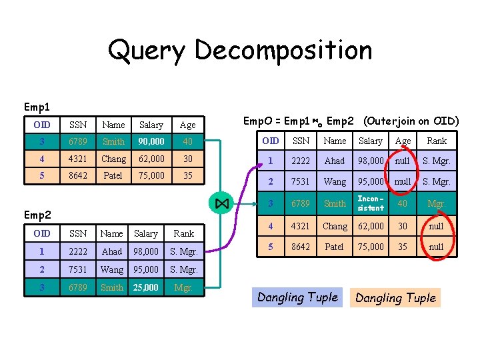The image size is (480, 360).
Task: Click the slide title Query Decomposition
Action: pos(240,50)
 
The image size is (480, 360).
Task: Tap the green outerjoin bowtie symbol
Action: pos(222,203)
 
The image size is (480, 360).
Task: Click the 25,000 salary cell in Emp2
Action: pos(146,288)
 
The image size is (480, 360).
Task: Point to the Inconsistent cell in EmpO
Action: pos(371,203)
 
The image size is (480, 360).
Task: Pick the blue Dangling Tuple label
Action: pos(297,297)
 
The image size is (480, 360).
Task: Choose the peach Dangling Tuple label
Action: pos(395,297)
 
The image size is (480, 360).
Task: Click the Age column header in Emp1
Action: pos(188,125)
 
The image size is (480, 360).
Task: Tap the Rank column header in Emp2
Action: pos(183,233)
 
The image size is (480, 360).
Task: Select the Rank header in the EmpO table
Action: pos(437,141)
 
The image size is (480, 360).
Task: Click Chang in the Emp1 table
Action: pos(113,159)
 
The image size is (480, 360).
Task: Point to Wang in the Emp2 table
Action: pos(111,270)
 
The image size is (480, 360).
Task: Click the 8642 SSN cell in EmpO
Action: pos(301,246)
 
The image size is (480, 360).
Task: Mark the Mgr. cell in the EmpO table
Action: pos(437,203)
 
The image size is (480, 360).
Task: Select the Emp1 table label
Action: pos(37,107)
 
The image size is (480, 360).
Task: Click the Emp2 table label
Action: pos(37,215)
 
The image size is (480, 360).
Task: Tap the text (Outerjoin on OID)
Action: pos(411,121)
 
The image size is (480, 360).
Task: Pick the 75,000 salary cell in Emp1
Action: pos(151,176)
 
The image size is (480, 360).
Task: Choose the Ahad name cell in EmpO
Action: pos(335,161)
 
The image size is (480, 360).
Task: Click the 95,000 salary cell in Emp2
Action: pos(146,270)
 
